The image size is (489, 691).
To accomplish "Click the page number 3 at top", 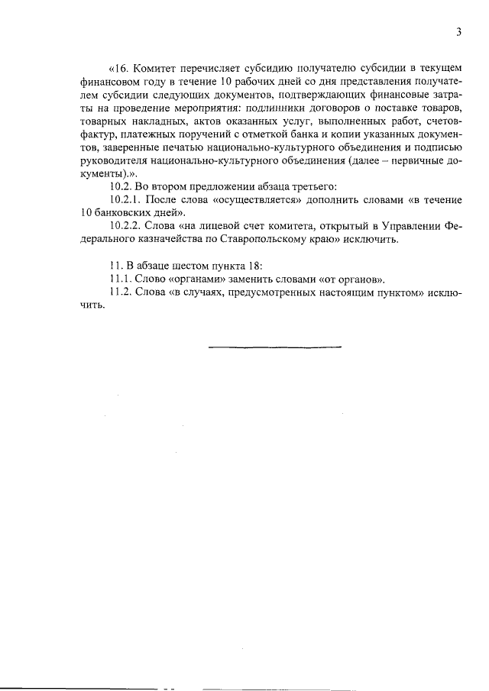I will (458, 32).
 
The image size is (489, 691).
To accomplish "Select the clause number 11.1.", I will (121, 279).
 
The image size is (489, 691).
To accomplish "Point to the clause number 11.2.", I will (121, 292).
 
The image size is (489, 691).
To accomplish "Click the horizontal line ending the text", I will (275, 347).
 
